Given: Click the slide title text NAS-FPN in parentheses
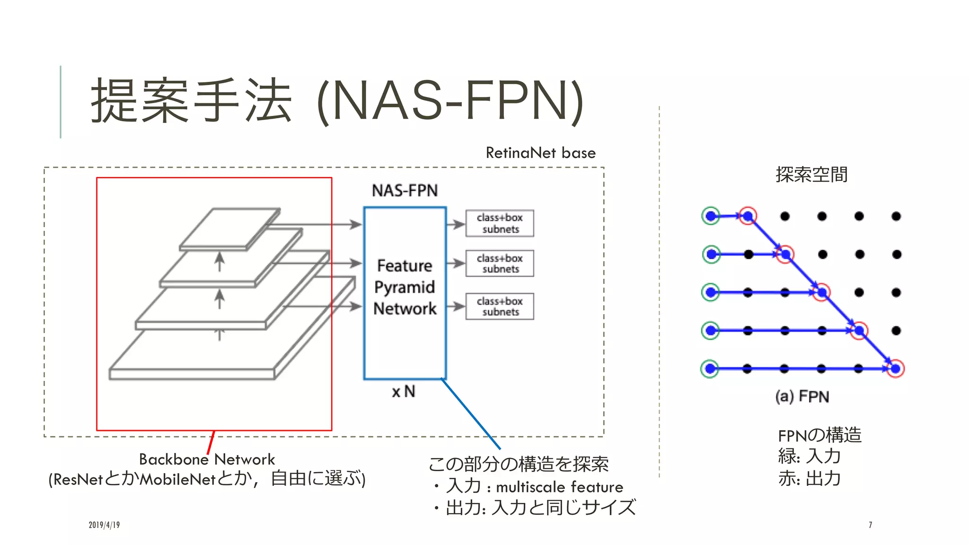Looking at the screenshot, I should click(x=450, y=101).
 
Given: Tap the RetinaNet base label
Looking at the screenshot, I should click(x=540, y=153).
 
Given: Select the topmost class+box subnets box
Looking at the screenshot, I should click(x=500, y=223).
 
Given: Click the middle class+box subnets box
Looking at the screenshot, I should click(x=500, y=264).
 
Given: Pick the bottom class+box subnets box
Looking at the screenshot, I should click(x=500, y=307).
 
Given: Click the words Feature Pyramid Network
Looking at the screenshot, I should click(x=405, y=287).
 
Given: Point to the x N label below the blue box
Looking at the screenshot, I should click(x=403, y=392).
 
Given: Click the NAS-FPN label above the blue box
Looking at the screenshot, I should click(x=405, y=191).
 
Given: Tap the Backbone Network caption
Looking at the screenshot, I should click(x=207, y=459).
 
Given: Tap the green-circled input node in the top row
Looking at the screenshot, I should click(x=711, y=216).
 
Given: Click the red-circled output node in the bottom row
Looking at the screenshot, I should click(x=895, y=369).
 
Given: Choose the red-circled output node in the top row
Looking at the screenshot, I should click(x=748, y=216).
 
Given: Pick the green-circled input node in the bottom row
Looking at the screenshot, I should click(x=710, y=369).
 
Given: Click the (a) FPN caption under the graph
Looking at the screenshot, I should click(x=802, y=396).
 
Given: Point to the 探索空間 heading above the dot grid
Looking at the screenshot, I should click(x=811, y=175).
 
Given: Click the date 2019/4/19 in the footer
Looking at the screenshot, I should click(x=104, y=525).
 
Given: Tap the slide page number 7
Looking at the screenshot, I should click(x=870, y=525).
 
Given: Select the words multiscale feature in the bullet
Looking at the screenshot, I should click(x=559, y=487).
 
